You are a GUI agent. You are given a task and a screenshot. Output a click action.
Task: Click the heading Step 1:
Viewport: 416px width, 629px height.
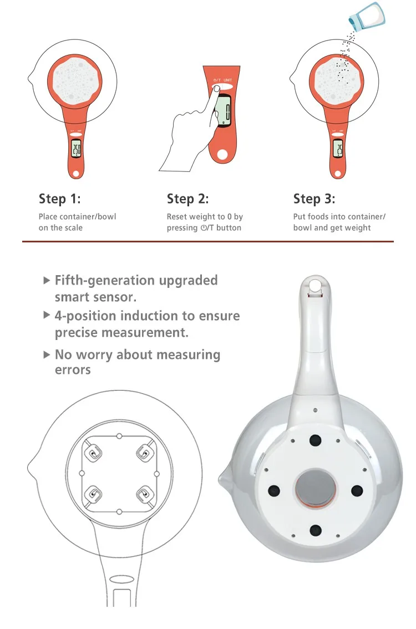click(x=59, y=199)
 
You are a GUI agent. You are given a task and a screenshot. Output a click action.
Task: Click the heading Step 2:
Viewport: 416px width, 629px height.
click(x=187, y=199)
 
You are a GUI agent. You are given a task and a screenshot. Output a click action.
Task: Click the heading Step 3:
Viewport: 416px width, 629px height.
click(x=314, y=199)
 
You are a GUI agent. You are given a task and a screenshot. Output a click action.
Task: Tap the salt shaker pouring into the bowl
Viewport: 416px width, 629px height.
click(x=367, y=16)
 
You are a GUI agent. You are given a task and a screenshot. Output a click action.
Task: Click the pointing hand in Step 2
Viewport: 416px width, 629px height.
click(x=189, y=133)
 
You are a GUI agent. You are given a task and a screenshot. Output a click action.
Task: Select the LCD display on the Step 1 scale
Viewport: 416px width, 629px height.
click(x=76, y=149)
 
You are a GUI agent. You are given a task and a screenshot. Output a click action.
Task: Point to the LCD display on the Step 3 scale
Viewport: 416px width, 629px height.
click(x=338, y=149)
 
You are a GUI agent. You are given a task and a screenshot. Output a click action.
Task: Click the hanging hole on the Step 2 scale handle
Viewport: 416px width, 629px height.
click(x=222, y=154)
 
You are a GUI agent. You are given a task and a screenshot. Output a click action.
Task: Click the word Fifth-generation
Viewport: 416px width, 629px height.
click(x=105, y=281)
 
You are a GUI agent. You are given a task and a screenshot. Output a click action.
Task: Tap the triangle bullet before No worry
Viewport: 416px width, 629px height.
click(x=47, y=354)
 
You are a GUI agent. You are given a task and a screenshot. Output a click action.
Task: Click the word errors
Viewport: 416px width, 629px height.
click(x=73, y=370)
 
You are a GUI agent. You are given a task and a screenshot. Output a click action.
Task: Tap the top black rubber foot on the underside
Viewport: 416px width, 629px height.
click(x=315, y=440)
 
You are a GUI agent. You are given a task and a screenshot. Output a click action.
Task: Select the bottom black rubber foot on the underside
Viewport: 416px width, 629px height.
click(x=316, y=530)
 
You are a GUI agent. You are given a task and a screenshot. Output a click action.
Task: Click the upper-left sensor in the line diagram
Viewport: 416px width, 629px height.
click(x=94, y=454)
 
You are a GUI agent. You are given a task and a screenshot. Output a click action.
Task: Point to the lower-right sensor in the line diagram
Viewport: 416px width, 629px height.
click(x=144, y=494)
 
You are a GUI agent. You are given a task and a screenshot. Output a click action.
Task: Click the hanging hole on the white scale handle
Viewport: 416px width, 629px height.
click(x=315, y=285)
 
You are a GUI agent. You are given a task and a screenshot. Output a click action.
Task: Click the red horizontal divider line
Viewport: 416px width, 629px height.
click(x=208, y=241)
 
